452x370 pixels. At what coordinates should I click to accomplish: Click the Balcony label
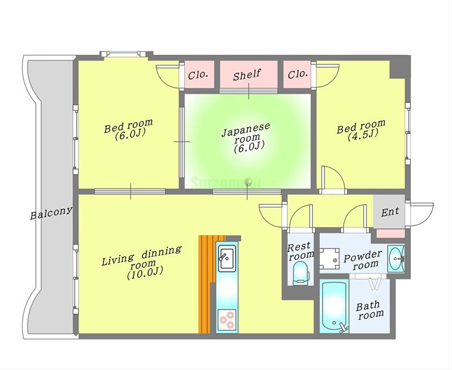coord(51,213)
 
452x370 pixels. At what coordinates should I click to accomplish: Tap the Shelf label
coord(247,75)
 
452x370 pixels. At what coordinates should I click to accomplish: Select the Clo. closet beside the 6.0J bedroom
coord(198,75)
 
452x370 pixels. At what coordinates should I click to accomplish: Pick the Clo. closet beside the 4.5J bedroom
coord(298,75)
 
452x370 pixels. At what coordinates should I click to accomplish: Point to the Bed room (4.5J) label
coord(361,130)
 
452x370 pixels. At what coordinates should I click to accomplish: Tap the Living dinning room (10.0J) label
coord(142,262)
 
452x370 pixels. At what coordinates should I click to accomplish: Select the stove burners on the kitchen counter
coord(227,320)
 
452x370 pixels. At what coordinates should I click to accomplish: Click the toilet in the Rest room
coord(301,273)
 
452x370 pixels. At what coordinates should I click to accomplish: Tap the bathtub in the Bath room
coord(334,307)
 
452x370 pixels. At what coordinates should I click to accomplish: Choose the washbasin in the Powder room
coord(396,258)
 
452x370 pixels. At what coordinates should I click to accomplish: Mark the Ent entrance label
coord(390,212)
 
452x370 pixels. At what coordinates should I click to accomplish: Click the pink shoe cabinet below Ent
coord(390,233)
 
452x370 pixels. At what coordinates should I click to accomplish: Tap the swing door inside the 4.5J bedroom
coord(333,179)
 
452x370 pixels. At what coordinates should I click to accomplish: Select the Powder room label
coord(363,260)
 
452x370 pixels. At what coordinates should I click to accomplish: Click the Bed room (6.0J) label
coord(129,130)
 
